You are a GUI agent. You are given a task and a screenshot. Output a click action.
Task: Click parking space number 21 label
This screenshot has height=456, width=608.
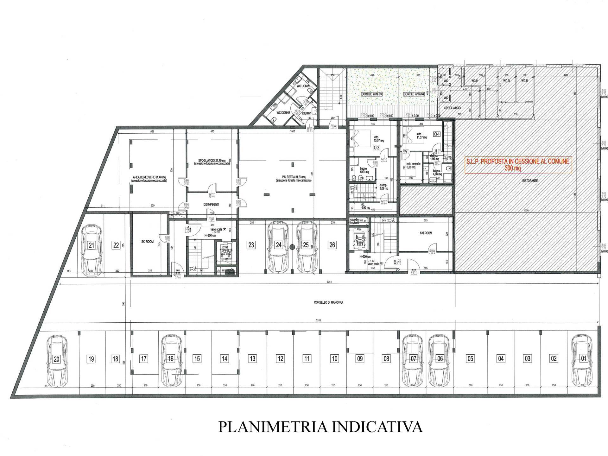tap(92, 245)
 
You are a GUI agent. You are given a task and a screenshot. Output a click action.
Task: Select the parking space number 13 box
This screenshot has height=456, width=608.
tap(252, 359)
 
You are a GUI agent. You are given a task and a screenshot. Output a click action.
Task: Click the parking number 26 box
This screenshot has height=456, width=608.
tap(332, 245)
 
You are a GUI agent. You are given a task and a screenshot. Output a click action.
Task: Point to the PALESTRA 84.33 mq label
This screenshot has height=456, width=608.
tap(293, 179)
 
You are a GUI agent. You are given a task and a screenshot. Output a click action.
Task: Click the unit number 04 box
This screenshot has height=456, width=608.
tap(437, 134)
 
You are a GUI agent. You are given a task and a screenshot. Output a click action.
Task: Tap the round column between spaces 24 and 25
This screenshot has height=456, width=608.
tap(292, 247)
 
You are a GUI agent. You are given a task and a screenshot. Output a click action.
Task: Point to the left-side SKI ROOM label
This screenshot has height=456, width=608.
tap(147, 242)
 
